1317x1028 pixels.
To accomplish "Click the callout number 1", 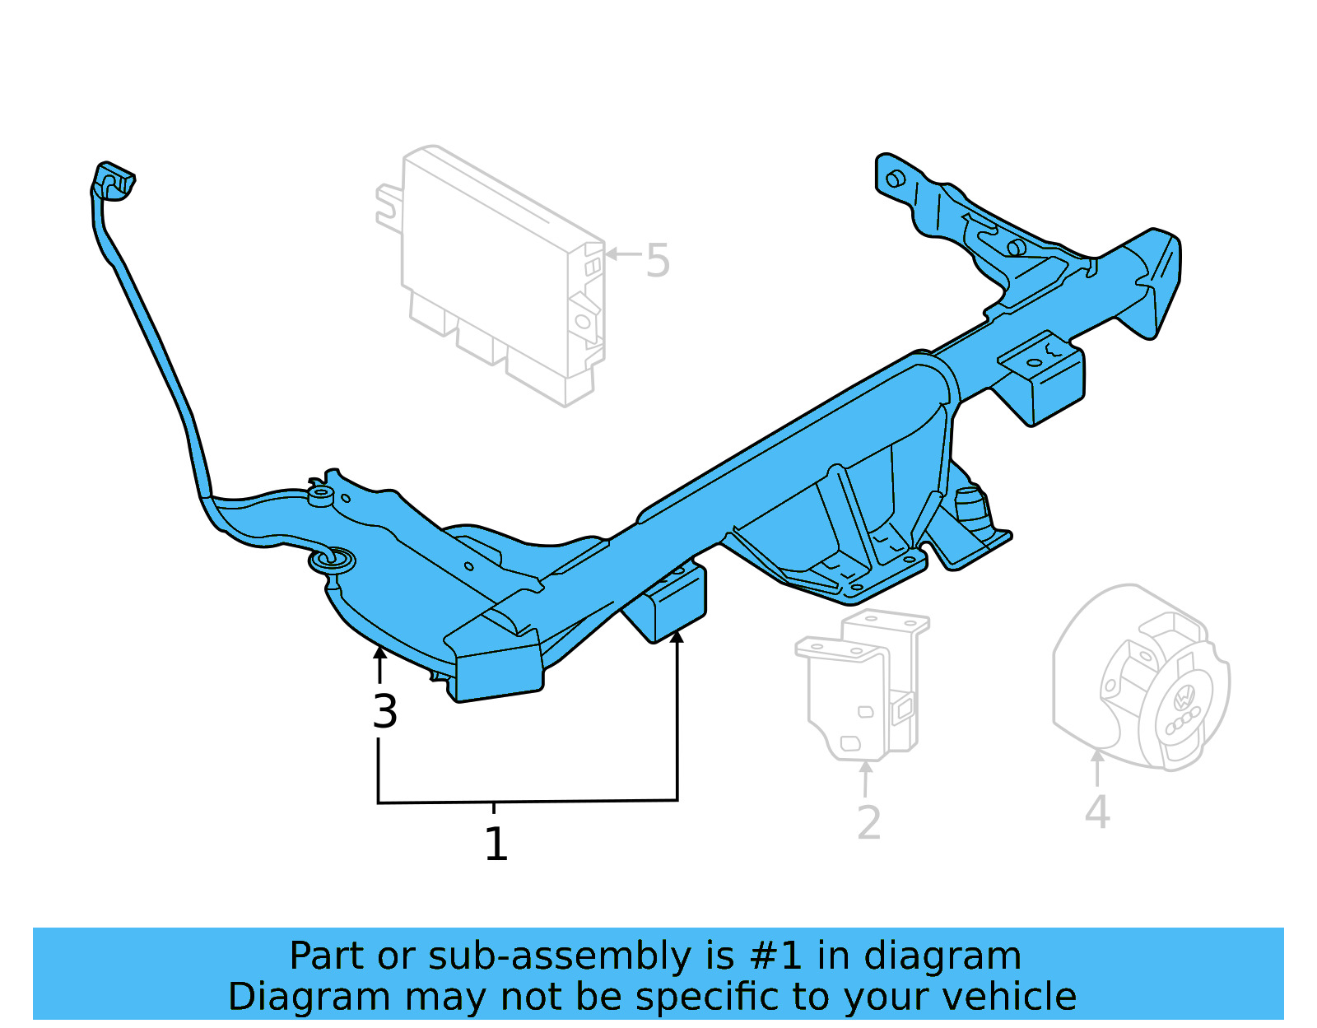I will pyautogui.click(x=496, y=845).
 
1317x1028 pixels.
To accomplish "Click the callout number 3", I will pyautogui.click(x=384, y=712).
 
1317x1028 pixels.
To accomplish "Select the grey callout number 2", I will pyautogui.click(x=868, y=823).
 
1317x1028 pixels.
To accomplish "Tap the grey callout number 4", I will pyautogui.click(x=1097, y=813).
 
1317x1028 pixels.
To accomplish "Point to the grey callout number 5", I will pyautogui.click(x=657, y=261).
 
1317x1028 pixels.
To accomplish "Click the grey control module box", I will pyautogui.click(x=494, y=272).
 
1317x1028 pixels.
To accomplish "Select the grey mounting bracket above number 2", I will pyautogui.click(x=860, y=683).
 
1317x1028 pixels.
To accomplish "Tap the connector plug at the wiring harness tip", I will pyautogui.click(x=114, y=182).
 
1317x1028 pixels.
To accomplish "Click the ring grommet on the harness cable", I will pyautogui.click(x=332, y=561).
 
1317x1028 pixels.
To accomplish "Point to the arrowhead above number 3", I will pyautogui.click(x=379, y=654).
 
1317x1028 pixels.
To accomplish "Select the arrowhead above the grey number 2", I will pyautogui.click(x=866, y=767).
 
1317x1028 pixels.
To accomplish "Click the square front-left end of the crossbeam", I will pyautogui.click(x=498, y=671).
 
